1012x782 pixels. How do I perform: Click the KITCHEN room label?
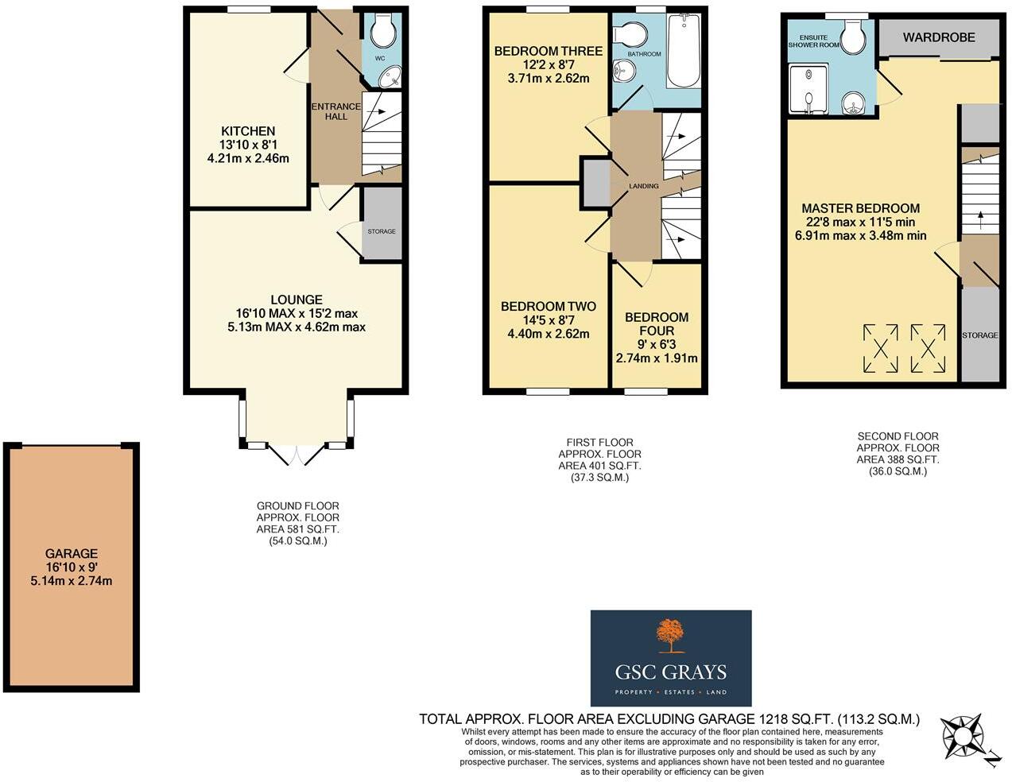coord(248,131)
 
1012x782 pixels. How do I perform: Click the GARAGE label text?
coord(72,554)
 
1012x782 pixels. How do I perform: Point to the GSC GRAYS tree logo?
coord(670,636)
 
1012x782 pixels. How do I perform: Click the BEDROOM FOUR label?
coord(657,323)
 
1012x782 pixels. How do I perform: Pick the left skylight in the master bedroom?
coord(880,348)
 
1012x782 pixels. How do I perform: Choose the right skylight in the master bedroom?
coord(928,348)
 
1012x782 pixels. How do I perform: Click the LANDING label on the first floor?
coord(643,186)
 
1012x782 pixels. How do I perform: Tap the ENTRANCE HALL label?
coord(335,111)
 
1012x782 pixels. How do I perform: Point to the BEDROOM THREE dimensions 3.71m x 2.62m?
coord(549,79)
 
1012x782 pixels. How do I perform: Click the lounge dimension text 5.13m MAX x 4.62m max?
coord(297,327)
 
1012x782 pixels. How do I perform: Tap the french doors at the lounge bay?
coord(296,455)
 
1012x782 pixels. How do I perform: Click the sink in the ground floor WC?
coord(390,77)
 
